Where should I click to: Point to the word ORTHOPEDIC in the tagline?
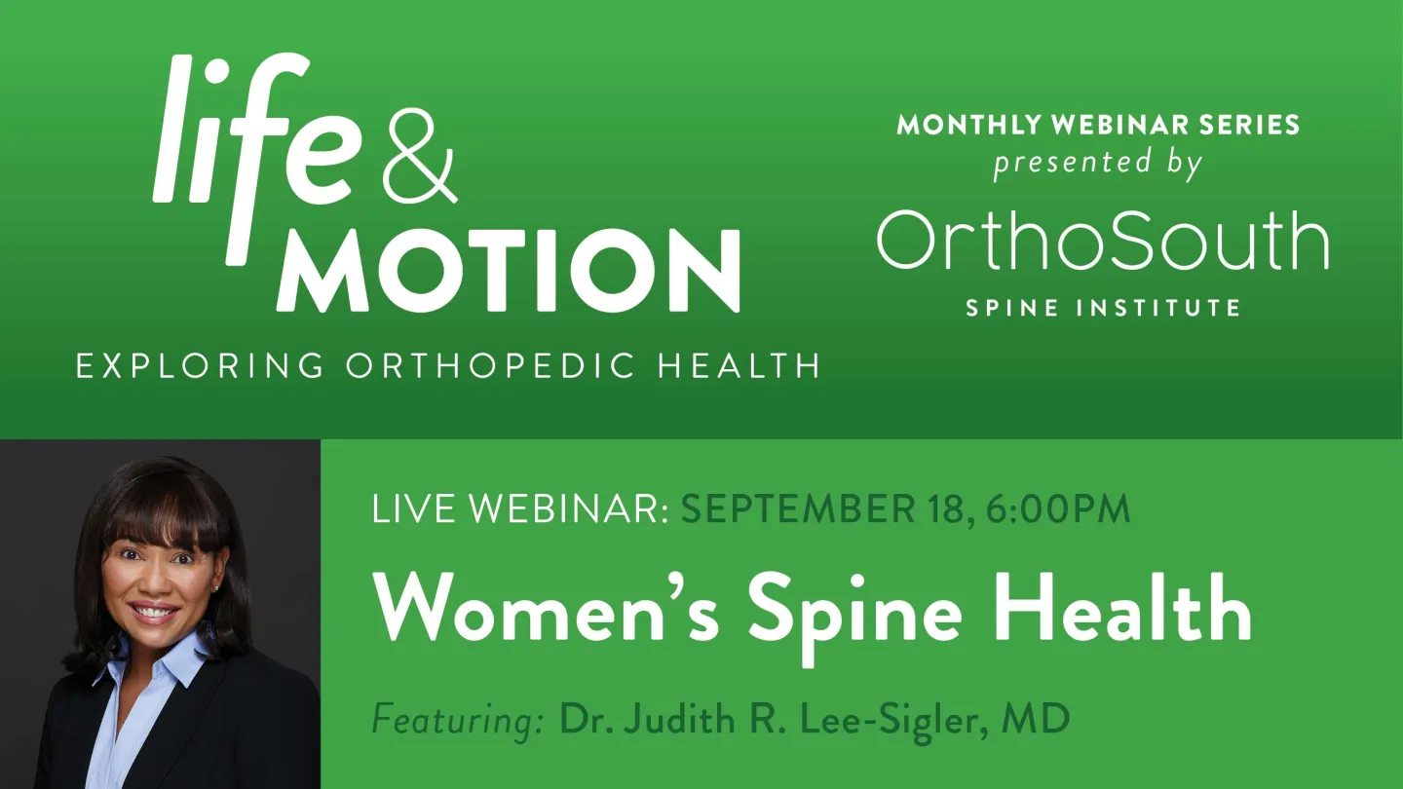[491, 366]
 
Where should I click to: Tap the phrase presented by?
[1097, 162]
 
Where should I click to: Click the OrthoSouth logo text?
[1103, 241]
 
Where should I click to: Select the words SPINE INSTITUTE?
[1103, 309]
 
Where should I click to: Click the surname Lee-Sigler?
[879, 721]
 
